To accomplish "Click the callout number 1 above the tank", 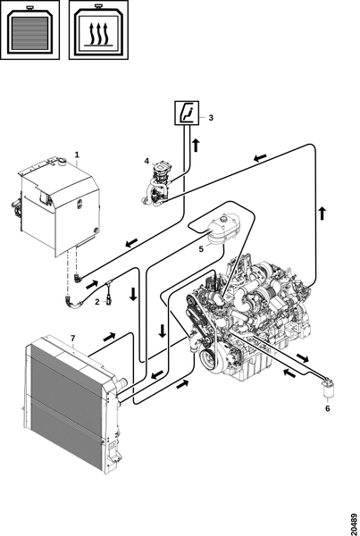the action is click(x=77, y=155).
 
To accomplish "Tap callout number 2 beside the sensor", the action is click(x=97, y=302).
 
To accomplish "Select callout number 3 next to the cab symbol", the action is click(x=211, y=118).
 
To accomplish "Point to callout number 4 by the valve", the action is click(x=147, y=161).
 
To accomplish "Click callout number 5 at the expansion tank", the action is click(x=201, y=249).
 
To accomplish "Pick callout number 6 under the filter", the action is click(x=327, y=408).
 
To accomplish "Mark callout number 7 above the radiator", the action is click(x=72, y=339).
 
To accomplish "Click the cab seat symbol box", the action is click(x=187, y=113).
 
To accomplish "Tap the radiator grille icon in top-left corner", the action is click(x=30, y=29).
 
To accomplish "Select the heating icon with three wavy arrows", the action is click(x=98, y=29).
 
